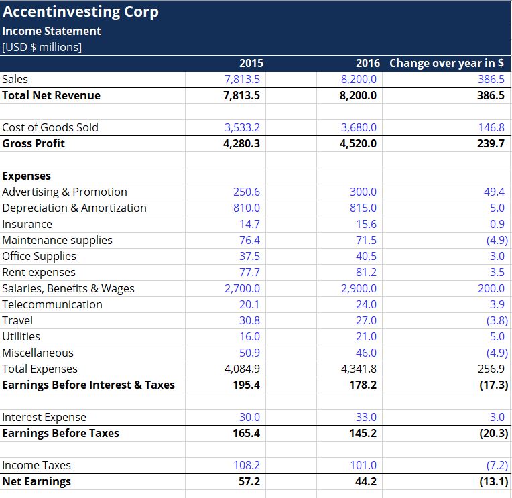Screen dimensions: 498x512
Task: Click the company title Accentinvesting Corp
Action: pos(80,12)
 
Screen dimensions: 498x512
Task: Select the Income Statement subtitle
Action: pos(52,31)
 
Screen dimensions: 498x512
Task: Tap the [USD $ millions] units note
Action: pos(42,47)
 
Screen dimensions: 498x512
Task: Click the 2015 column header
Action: pos(251,63)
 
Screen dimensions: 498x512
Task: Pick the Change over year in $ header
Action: pos(446,63)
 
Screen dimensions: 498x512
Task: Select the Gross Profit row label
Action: pos(34,143)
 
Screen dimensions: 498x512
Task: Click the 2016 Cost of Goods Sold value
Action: pos(359,127)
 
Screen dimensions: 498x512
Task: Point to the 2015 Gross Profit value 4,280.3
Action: pos(241,143)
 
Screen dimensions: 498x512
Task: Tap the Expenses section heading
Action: pos(27,176)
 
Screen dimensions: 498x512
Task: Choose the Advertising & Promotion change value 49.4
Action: pos(494,192)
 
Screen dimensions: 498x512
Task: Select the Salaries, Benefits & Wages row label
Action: pos(68,288)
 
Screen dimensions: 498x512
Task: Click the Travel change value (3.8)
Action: pos(497,320)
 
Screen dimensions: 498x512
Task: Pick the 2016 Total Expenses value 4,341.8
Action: pos(359,369)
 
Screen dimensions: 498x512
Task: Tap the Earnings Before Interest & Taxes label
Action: pos(88,385)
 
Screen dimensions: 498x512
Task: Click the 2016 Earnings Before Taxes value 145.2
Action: pos(363,433)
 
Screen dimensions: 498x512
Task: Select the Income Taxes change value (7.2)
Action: pos(497,465)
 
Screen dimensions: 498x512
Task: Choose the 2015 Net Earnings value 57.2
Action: pos(249,481)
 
